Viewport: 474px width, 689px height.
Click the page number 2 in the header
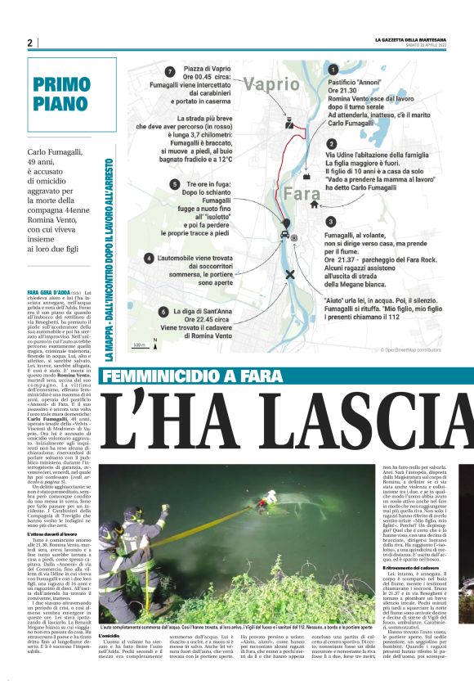30,43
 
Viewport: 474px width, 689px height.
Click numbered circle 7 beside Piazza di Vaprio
169,72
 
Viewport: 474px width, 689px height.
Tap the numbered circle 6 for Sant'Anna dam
164,312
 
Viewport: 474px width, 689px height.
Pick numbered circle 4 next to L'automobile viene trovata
150,259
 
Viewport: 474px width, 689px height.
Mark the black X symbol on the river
291,275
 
